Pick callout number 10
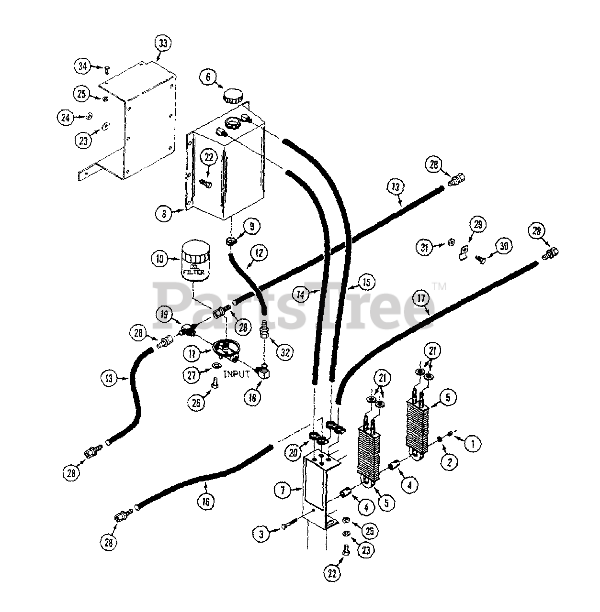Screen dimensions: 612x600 tap(160, 259)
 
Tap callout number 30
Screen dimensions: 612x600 tap(503, 246)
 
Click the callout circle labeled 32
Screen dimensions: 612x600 tap(285, 353)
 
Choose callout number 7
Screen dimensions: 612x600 tap(283, 489)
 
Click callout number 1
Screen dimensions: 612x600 tap(473, 443)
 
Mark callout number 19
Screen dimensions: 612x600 tap(164, 314)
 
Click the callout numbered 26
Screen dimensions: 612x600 tap(196, 402)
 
